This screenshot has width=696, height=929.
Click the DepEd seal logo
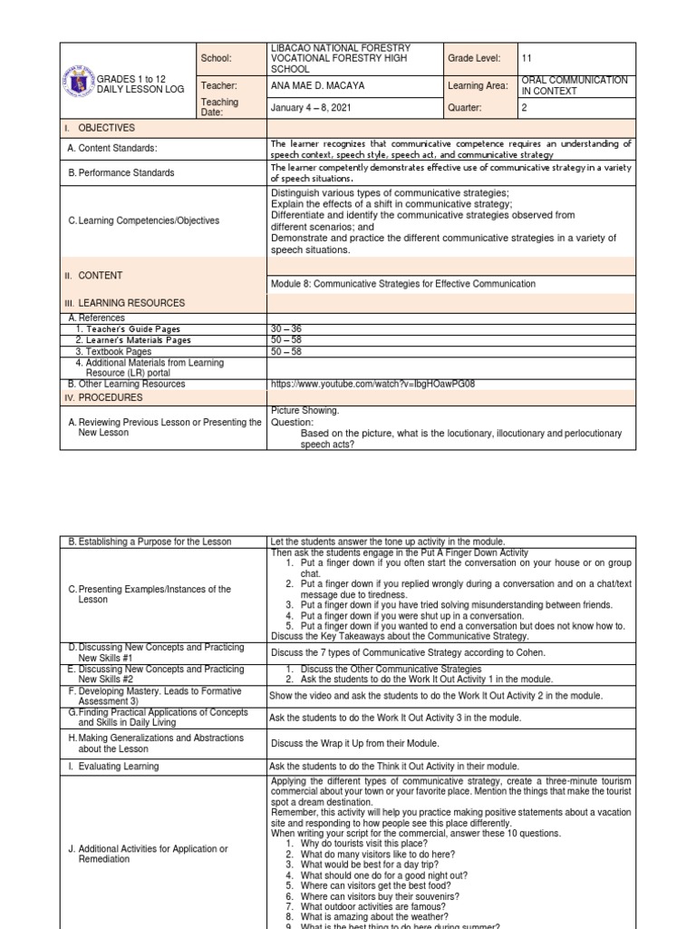point(81,85)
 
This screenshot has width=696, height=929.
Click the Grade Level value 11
point(528,58)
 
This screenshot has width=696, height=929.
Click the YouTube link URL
point(372,384)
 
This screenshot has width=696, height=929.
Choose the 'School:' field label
point(217,58)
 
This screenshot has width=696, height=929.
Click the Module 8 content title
point(402,284)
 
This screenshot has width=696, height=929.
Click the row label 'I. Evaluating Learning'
point(113,767)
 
